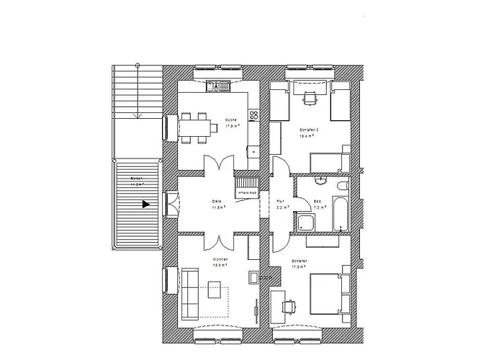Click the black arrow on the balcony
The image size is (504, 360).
146,204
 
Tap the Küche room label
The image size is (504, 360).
231,121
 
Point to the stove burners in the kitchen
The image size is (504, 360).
253,115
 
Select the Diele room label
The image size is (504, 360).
215,202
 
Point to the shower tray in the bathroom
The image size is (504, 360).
306,222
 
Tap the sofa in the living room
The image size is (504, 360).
191,294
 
